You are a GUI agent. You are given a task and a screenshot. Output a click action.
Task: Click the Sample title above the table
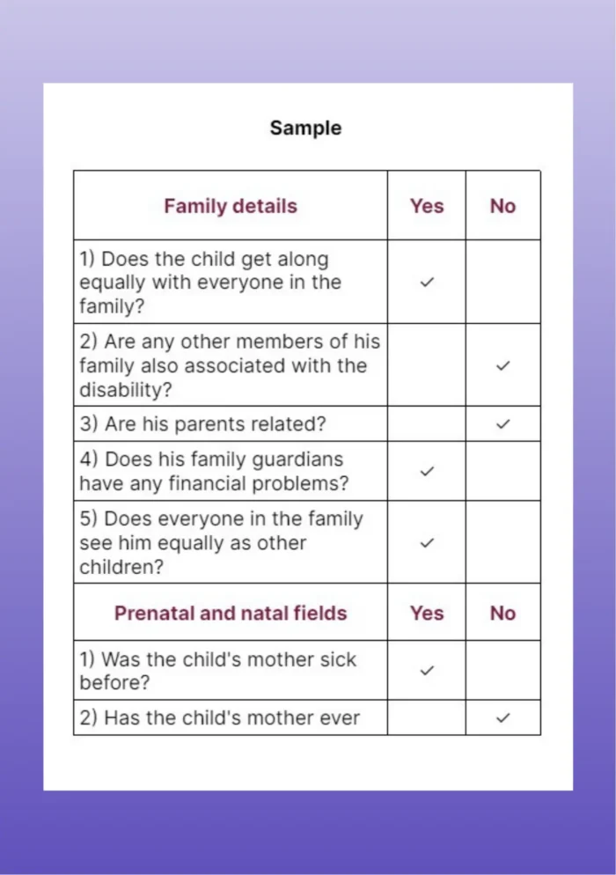[x=305, y=128]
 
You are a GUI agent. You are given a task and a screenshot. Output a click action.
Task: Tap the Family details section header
[x=231, y=206]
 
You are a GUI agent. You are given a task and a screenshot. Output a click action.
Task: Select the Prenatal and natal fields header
[x=231, y=613]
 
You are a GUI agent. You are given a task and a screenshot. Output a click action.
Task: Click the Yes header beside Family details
[x=427, y=206]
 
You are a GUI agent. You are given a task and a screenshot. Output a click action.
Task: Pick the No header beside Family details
[x=502, y=206]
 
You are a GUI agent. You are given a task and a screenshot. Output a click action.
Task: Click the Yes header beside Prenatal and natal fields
[x=427, y=613]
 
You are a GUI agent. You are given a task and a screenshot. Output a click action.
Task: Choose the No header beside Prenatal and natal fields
[x=502, y=613]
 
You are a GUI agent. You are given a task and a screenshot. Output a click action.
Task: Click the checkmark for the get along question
[x=427, y=283]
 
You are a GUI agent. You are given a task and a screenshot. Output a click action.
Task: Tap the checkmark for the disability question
[x=502, y=365]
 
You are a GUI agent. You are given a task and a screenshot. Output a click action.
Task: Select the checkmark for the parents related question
[x=502, y=423]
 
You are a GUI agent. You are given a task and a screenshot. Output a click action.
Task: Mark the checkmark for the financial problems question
[x=427, y=471]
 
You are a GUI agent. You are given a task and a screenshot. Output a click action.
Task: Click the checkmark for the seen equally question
[x=427, y=543]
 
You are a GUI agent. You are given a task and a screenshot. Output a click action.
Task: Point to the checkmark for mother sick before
[x=427, y=670]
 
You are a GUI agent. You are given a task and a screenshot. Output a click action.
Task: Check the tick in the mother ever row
[x=502, y=717]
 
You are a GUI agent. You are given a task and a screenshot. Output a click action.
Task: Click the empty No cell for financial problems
[x=502, y=471]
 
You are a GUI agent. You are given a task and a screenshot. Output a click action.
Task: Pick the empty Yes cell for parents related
[x=427, y=423]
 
